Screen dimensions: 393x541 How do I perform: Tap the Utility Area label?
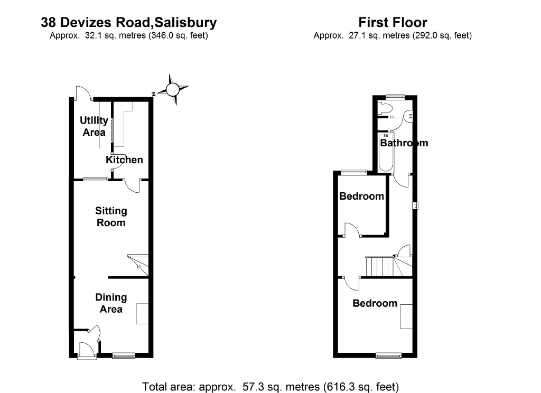click(94, 126)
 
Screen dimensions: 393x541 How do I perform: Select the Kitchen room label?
click(124, 160)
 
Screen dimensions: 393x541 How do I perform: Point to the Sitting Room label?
click(111, 217)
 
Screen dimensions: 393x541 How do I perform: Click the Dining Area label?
click(111, 303)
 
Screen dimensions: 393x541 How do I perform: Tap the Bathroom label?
click(404, 143)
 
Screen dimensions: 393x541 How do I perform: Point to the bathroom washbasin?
click(409, 116)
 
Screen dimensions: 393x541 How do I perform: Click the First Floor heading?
click(393, 22)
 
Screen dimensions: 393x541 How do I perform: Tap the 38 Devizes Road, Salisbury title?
click(129, 22)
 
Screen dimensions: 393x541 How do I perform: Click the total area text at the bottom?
click(270, 386)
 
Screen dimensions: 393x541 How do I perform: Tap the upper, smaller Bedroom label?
click(361, 196)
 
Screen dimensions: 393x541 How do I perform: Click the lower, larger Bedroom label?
click(375, 303)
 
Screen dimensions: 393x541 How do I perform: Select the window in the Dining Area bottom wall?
click(124, 357)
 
